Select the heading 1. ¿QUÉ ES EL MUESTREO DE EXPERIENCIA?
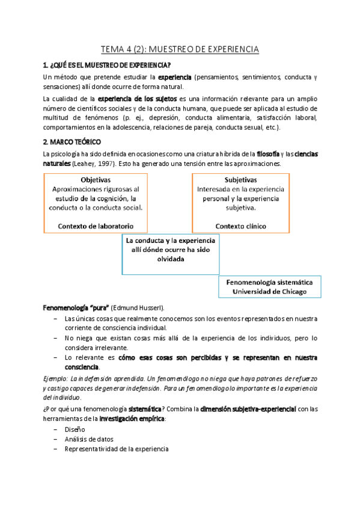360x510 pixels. click(x=106, y=66)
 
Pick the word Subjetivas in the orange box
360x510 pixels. click(x=240, y=180)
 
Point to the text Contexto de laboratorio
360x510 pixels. click(x=95, y=226)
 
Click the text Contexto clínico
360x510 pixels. click(x=240, y=226)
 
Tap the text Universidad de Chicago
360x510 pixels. click(x=265, y=291)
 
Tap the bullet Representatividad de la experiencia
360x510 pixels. click(x=115, y=449)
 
